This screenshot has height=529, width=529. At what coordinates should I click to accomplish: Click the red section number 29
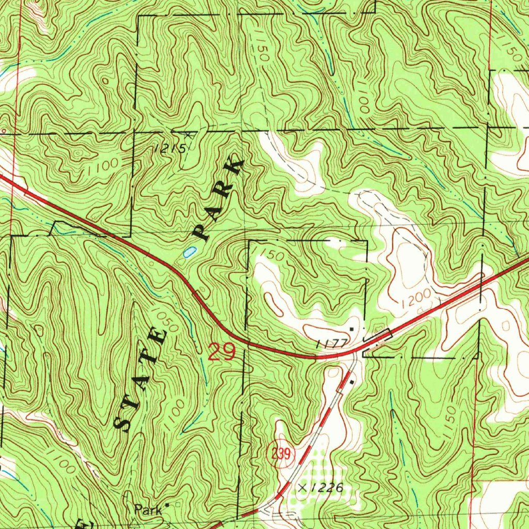(222, 352)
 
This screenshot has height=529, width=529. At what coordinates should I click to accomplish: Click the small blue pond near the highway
(189, 253)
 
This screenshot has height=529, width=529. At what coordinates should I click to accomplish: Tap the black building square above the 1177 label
(352, 329)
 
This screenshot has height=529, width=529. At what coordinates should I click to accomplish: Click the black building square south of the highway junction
(352, 382)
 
